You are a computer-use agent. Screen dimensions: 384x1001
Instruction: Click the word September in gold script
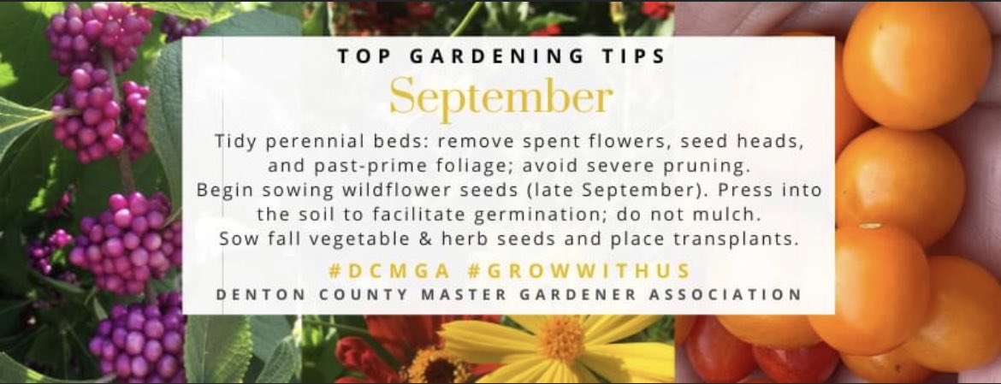(x=500, y=98)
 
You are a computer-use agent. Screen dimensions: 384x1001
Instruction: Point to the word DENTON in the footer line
(x=256, y=294)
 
